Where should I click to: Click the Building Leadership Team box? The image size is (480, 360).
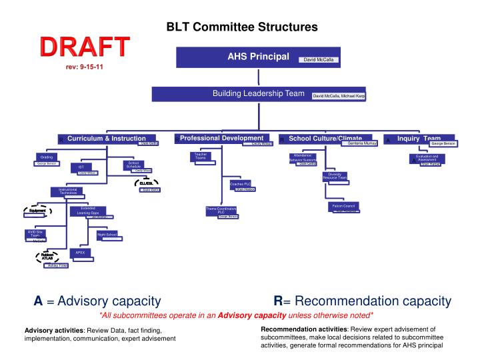(259, 95)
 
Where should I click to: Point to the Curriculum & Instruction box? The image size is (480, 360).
(106, 139)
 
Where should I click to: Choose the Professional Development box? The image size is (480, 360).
(223, 138)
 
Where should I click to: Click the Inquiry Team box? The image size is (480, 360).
(421, 139)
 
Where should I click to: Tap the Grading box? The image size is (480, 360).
(47, 157)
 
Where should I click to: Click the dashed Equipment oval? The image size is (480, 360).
(37, 211)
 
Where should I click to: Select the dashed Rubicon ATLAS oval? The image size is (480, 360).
(47, 256)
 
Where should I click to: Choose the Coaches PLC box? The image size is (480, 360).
(240, 184)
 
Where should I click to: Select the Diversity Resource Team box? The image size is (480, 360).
(335, 177)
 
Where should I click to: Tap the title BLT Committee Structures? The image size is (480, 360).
(241, 27)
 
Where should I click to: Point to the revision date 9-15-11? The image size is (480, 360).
(84, 67)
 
